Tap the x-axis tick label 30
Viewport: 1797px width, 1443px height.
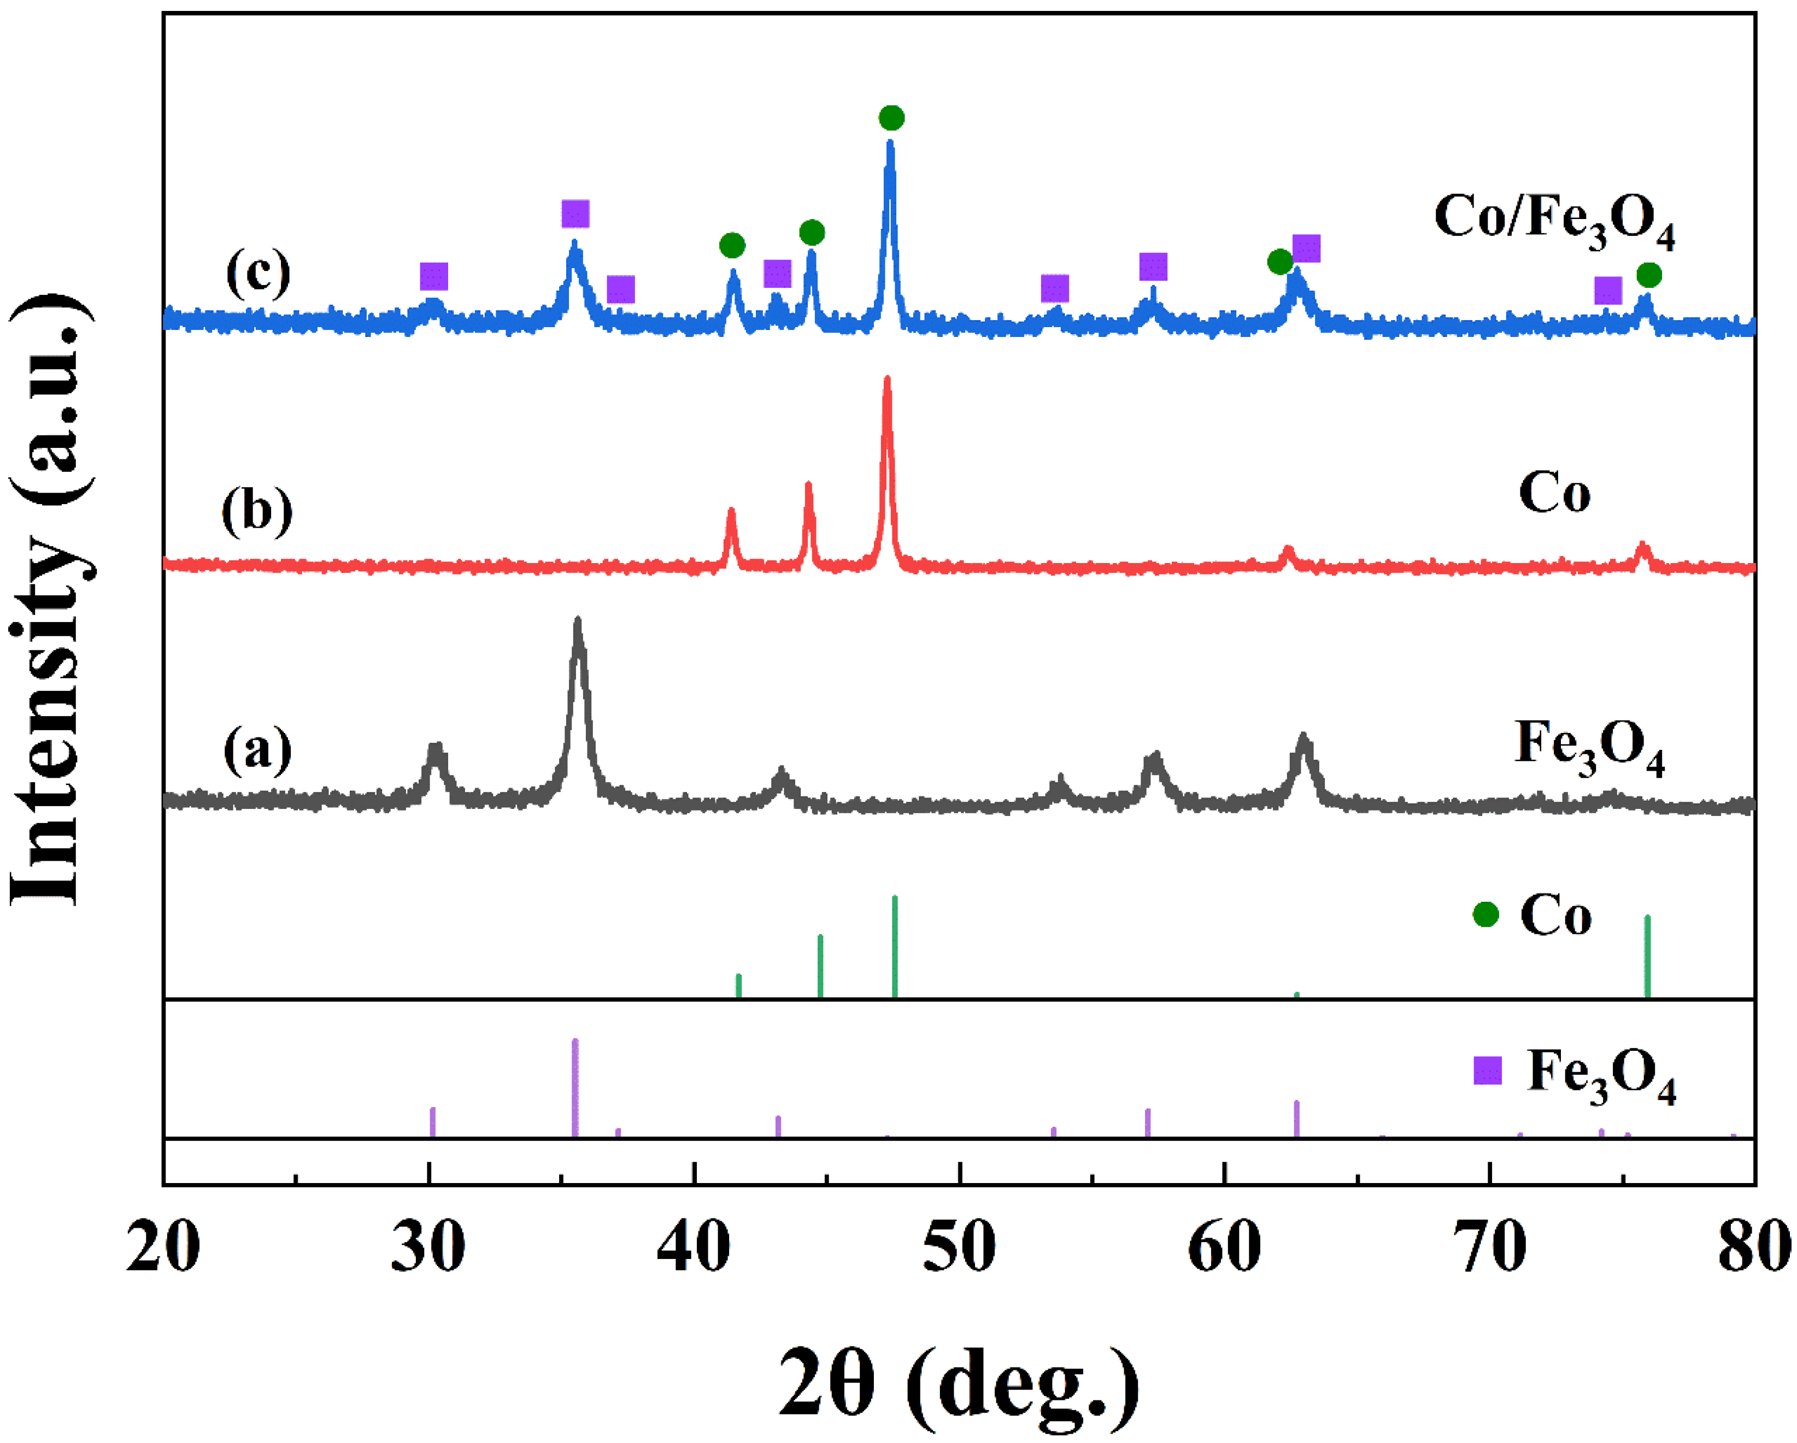(427, 1250)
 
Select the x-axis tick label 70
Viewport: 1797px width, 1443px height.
(1490, 1250)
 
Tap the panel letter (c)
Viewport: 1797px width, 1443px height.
(259, 273)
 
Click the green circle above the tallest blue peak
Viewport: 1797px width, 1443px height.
(891, 119)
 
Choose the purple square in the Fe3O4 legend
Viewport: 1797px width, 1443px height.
(1488, 1071)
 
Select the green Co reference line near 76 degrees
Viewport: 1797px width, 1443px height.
(1647, 956)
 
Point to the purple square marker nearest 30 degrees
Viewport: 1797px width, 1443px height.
(433, 276)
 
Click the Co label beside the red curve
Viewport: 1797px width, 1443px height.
(1554, 494)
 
